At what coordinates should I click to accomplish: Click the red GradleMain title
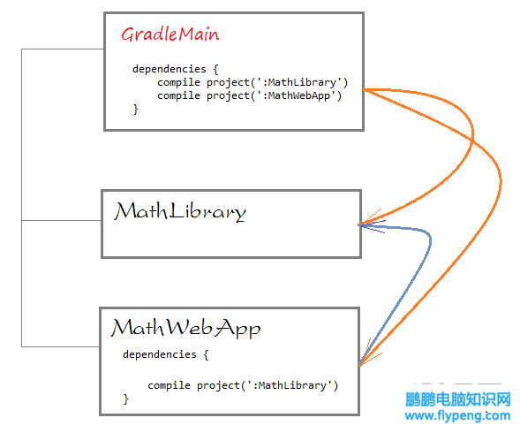click(x=170, y=34)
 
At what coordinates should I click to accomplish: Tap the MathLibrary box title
click(x=180, y=211)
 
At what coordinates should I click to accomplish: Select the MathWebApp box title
click(x=185, y=328)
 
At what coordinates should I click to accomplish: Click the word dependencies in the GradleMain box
click(x=170, y=69)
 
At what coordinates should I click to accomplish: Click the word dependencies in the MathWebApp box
click(x=160, y=354)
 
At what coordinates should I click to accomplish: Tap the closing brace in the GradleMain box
click(x=135, y=109)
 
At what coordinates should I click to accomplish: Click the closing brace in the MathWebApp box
click(x=125, y=399)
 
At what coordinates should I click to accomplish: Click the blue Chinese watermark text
click(x=458, y=399)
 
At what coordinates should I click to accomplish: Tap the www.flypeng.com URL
click(x=457, y=415)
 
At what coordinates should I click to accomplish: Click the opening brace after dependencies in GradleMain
click(x=215, y=69)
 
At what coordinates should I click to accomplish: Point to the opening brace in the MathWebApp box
click(x=206, y=354)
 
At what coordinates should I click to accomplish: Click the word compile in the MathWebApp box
click(x=169, y=385)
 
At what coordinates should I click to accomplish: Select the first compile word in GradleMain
click(x=178, y=82)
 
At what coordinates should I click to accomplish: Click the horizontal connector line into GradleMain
click(x=63, y=49)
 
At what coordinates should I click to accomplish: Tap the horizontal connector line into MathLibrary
click(x=61, y=220)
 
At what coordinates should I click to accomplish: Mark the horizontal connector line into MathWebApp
click(x=61, y=346)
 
